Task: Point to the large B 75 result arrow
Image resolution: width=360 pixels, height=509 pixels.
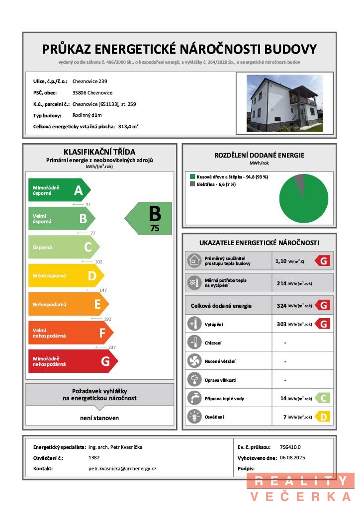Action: point(149,218)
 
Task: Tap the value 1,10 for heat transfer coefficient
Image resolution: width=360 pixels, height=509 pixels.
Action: point(282,260)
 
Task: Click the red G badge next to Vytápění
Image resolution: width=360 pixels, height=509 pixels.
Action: point(323,324)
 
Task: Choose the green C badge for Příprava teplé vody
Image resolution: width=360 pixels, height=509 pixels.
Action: point(323,398)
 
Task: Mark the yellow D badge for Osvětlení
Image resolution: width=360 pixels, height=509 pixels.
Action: point(323,417)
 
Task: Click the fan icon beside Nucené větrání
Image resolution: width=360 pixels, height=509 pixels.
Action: point(193,361)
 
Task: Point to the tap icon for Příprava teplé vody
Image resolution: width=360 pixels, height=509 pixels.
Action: point(193,398)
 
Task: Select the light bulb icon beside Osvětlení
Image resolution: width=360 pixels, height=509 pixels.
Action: point(193,417)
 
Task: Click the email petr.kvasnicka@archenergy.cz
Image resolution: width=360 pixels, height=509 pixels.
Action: point(122,469)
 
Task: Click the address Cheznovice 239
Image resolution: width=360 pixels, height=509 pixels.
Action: point(90,81)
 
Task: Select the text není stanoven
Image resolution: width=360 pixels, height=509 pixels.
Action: point(99,418)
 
